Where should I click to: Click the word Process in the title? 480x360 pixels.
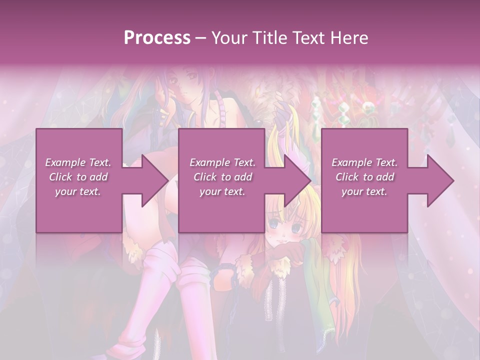(157, 38)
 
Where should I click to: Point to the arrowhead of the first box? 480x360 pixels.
(154, 180)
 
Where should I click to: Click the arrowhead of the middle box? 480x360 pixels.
(297, 180)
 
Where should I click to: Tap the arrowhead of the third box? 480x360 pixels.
(440, 180)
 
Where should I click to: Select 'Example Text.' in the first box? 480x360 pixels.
(78, 162)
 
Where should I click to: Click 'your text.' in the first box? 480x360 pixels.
(78, 191)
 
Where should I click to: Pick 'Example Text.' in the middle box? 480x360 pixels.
(222, 162)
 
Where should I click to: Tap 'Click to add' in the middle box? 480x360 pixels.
(222, 177)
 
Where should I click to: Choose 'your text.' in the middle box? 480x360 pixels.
(222, 191)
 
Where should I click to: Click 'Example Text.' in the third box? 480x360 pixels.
(364, 162)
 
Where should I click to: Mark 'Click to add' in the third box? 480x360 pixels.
(364, 177)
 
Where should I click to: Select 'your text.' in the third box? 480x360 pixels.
(364, 191)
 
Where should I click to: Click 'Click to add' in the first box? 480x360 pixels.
(78, 177)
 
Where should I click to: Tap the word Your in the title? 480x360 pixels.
(228, 38)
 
